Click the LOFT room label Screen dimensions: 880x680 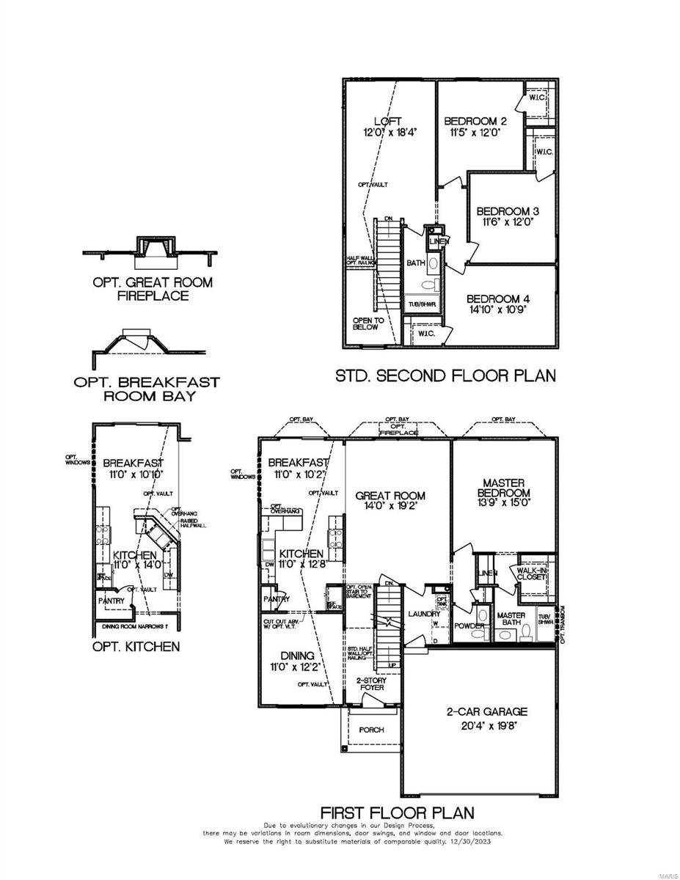coord(388,121)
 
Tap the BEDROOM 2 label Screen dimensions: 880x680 coord(475,121)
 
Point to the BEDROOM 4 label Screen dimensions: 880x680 coord(498,298)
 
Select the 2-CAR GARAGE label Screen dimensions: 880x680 coord(477,711)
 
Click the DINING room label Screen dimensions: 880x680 coord(297,656)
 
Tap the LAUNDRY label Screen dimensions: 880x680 coord(424,614)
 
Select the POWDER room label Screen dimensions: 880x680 coord(469,626)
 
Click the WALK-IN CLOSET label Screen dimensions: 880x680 coord(531,573)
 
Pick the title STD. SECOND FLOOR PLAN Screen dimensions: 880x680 coord(445,375)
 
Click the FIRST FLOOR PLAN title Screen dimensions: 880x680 coord(397,813)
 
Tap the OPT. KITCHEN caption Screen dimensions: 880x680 coord(136,647)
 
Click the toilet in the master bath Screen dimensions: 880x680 coord(515,635)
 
